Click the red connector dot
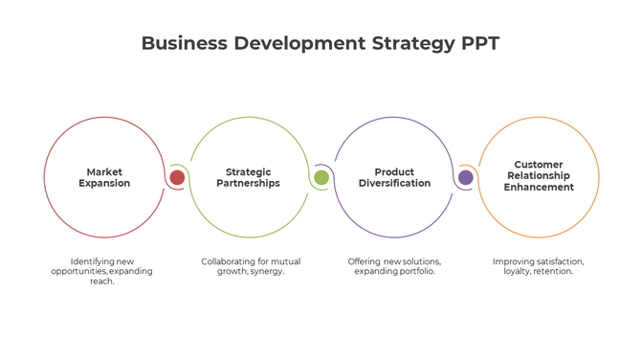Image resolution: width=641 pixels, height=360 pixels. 177,177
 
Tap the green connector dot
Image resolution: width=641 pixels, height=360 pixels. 321,177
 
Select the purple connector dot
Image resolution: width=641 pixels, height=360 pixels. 466,177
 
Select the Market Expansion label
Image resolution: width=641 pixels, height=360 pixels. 104,177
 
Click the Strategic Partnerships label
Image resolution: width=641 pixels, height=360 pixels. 249,177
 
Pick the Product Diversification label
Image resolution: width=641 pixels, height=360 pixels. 394,177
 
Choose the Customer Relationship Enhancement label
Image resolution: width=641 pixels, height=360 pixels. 539,176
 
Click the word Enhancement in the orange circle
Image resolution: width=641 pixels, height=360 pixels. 539,188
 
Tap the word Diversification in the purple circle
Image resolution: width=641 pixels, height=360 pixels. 394,183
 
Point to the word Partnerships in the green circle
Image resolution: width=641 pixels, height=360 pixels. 249,183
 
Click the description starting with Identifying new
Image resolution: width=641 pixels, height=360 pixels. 101,271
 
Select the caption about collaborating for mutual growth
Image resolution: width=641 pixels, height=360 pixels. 249,266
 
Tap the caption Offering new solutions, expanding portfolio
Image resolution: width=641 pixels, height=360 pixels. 394,266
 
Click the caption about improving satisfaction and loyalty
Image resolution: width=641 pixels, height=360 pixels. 539,266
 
